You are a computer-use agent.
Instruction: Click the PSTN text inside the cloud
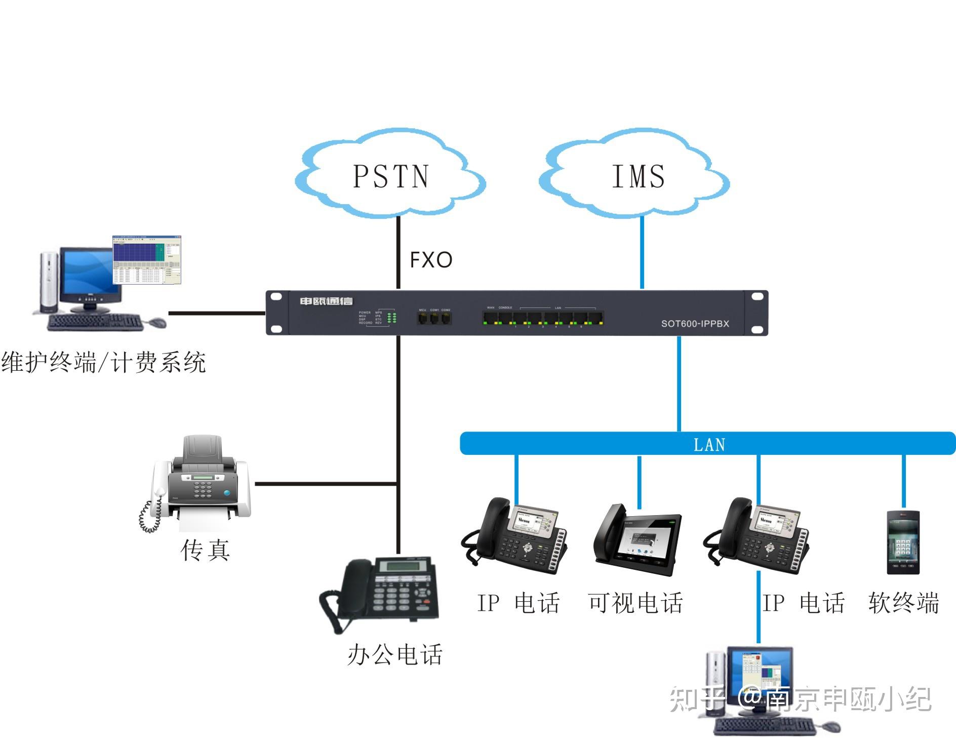pos(391,176)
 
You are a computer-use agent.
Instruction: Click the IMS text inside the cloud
pos(638,176)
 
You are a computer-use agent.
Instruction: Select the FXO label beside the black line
pos(431,260)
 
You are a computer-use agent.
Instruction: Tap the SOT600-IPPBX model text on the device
pos(695,324)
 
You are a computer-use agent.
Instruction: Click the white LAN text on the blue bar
pos(709,445)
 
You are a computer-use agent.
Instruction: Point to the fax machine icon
pos(198,481)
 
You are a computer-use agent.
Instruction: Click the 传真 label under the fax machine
pos(206,550)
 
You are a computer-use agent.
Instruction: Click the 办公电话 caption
pos(395,654)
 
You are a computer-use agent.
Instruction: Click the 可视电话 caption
pos(635,603)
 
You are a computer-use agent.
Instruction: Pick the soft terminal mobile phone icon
pos(903,542)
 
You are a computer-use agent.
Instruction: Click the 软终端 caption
pos(904,603)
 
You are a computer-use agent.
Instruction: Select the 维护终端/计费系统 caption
pos(103,363)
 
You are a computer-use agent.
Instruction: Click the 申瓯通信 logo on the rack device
pos(326,301)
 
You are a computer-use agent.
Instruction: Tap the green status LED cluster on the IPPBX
pos(391,318)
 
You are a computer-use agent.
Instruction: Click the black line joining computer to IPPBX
pos(217,313)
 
